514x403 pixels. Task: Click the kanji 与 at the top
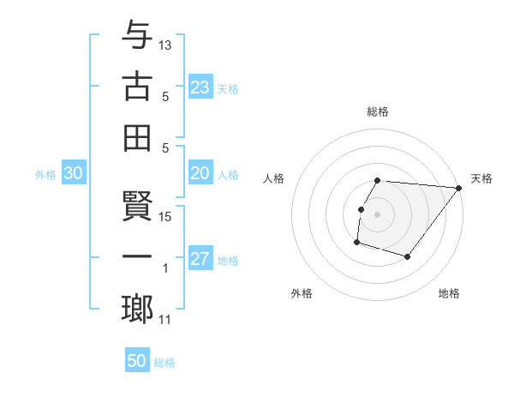[137, 36]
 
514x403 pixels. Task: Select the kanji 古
[137, 87]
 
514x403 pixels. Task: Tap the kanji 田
[137, 137]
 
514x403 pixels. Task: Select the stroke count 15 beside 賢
[165, 217]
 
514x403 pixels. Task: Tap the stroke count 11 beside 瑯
[165, 320]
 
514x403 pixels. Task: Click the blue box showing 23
[200, 87]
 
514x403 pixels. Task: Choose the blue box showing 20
[200, 173]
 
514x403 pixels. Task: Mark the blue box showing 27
[200, 259]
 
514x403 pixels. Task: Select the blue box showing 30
[73, 173]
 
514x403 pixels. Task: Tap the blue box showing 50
[137, 361]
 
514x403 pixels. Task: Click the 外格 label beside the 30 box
[45, 175]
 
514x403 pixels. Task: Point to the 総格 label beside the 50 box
[164, 363]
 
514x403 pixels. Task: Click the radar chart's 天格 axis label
[481, 178]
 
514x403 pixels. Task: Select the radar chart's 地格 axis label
[449, 294]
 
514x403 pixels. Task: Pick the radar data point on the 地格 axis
[408, 256]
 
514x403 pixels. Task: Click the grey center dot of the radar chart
[377, 214]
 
